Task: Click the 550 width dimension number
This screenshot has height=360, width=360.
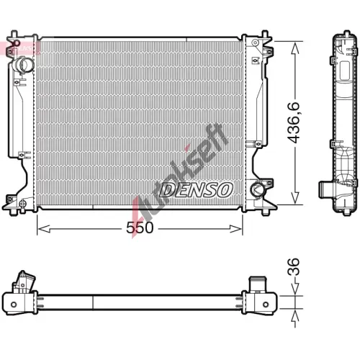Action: [140, 228]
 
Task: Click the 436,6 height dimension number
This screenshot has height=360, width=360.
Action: [294, 122]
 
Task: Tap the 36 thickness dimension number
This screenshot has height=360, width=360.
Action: [293, 266]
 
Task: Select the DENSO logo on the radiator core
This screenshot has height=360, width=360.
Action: [197, 189]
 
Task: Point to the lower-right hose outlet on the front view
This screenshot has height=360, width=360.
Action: [257, 189]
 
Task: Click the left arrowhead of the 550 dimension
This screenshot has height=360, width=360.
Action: [44, 229]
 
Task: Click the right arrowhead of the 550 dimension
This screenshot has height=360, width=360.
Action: [235, 229]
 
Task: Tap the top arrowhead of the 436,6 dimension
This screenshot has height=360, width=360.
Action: [295, 48]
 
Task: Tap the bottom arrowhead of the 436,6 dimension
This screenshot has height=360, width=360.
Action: [295, 198]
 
